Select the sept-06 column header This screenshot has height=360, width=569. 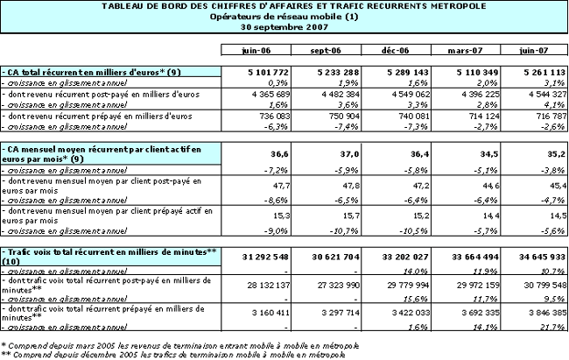pos(323,50)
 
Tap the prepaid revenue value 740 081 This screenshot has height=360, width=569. pos(406,114)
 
